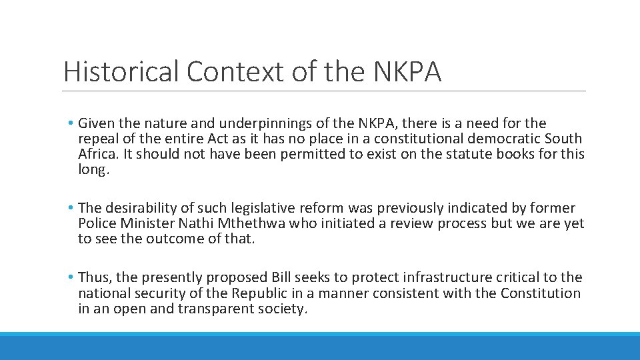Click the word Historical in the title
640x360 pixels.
click(121, 71)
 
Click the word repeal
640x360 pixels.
click(97, 139)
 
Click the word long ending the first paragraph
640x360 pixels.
click(91, 169)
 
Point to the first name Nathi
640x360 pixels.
click(194, 223)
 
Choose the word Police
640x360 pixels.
click(96, 223)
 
